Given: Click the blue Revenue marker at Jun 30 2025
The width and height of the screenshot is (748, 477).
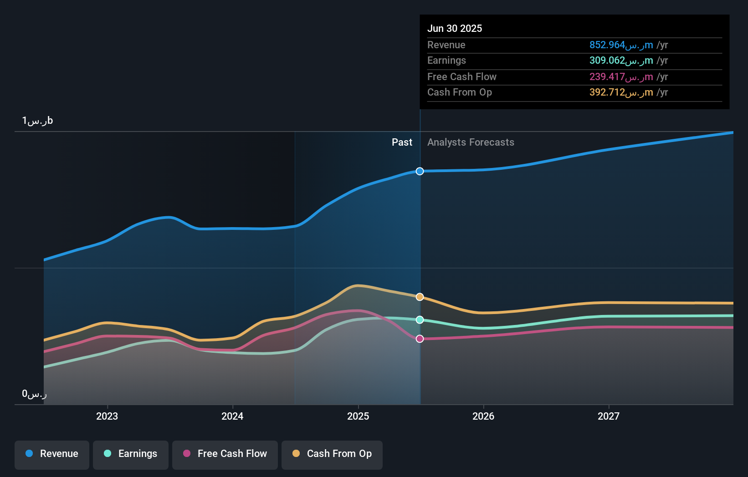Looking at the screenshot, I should pyautogui.click(x=420, y=171).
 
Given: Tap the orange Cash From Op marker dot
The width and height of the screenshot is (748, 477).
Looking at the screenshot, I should pyautogui.click(x=420, y=297).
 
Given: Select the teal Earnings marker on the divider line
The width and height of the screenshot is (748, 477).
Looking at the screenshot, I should pyautogui.click(x=420, y=320).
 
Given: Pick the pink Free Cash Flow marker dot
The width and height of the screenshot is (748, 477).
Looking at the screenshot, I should pyautogui.click(x=420, y=339).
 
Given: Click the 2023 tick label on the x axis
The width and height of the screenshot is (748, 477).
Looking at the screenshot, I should pyautogui.click(x=107, y=416).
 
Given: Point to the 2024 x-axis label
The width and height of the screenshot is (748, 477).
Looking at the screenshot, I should pyautogui.click(x=232, y=416).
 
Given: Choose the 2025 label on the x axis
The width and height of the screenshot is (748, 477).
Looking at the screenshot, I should pyautogui.click(x=358, y=416).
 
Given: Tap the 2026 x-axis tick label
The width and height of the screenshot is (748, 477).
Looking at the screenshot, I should pyautogui.click(x=483, y=416).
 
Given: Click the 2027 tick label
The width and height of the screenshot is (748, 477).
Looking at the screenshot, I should pyautogui.click(x=609, y=416).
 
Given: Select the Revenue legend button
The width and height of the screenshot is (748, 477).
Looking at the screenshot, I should pyautogui.click(x=52, y=454).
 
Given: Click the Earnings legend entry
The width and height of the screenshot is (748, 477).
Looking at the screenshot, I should pyautogui.click(x=131, y=454).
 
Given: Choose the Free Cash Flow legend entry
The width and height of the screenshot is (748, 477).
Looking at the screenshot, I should pyautogui.click(x=225, y=454).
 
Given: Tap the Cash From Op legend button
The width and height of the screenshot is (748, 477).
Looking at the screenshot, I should pyautogui.click(x=332, y=454).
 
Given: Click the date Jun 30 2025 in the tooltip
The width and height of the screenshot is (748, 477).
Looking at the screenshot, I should pyautogui.click(x=454, y=28).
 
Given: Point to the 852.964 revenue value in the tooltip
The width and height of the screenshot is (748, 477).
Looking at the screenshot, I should pyautogui.click(x=620, y=45).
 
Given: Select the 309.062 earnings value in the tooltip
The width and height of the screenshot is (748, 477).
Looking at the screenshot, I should pyautogui.click(x=620, y=61).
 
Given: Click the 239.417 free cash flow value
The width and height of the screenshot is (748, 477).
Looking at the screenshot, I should pyautogui.click(x=620, y=76).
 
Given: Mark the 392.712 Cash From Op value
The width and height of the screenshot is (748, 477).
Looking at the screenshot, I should pyautogui.click(x=620, y=92).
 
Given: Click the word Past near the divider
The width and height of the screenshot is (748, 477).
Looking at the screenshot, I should pyautogui.click(x=402, y=142).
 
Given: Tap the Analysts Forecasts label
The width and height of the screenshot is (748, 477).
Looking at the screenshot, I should pyautogui.click(x=471, y=142).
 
